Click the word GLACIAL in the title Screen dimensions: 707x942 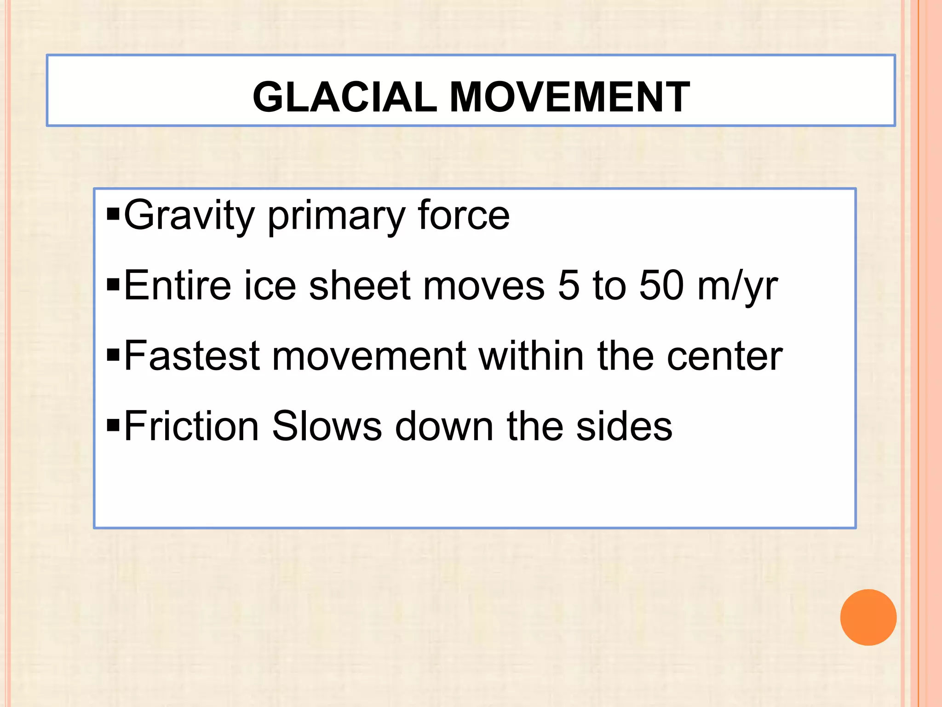tap(345, 97)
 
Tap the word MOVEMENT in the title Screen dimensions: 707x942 tap(569, 97)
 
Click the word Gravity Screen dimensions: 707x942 tap(189, 216)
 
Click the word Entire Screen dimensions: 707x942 tap(177, 286)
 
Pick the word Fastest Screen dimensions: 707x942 tap(192, 356)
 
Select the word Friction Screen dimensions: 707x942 tap(191, 426)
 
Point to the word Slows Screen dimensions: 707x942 tap(327, 426)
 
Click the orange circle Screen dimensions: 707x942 tap(868, 617)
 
